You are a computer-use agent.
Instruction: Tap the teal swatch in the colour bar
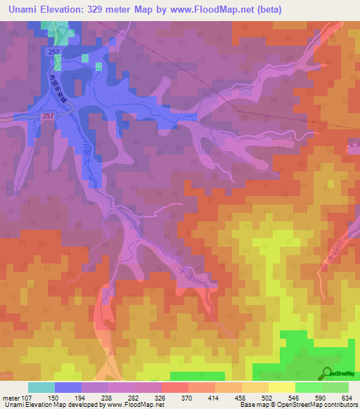[x=41, y=387]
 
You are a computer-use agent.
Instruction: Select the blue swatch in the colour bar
[x=68, y=387]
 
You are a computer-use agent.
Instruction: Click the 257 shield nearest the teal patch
[x=54, y=52]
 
